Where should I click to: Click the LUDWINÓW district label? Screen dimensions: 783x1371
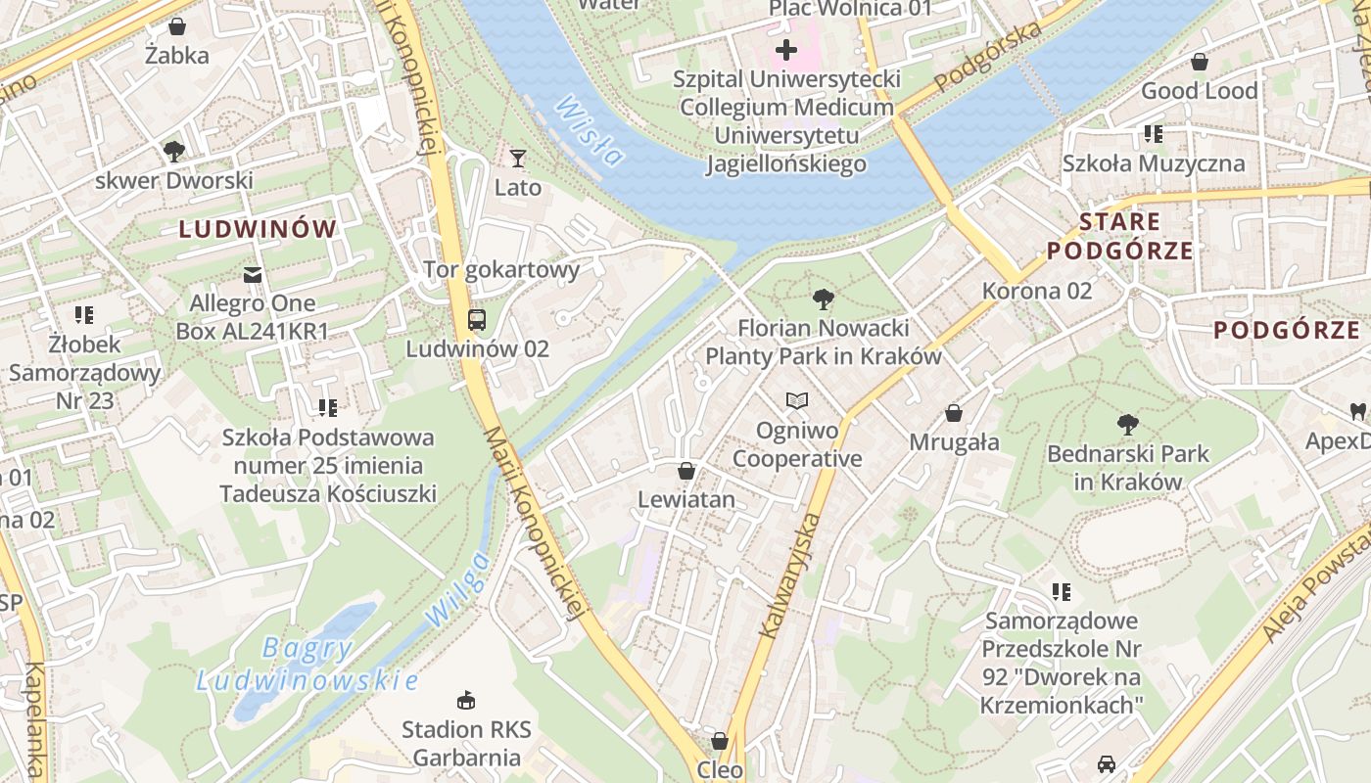(258, 230)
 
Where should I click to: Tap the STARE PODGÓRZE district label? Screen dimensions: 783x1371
(1120, 236)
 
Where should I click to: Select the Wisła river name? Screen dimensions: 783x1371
(589, 130)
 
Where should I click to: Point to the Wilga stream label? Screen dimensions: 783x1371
(456, 589)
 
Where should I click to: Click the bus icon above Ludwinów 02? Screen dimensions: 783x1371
(477, 319)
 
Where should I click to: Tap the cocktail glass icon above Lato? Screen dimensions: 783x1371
(518, 158)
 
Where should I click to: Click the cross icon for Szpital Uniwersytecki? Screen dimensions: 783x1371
(786, 49)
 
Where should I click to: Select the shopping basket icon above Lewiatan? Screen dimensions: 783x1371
(686, 471)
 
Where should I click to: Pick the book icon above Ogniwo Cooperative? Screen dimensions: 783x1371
(797, 400)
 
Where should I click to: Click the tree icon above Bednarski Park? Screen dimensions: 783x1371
(1127, 424)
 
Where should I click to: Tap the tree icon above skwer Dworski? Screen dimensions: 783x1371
(174, 151)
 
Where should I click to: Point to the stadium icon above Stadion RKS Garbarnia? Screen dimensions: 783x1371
(466, 700)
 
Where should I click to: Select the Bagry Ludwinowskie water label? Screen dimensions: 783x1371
(307, 664)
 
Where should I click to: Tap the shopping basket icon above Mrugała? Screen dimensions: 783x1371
(954, 413)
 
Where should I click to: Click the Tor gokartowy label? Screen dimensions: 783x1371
(501, 269)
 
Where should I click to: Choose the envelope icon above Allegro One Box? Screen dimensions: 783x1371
(253, 274)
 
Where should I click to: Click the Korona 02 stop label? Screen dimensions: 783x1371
(1036, 291)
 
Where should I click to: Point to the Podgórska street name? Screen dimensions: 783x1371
(988, 58)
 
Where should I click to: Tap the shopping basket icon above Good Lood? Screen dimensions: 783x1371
(1199, 62)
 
